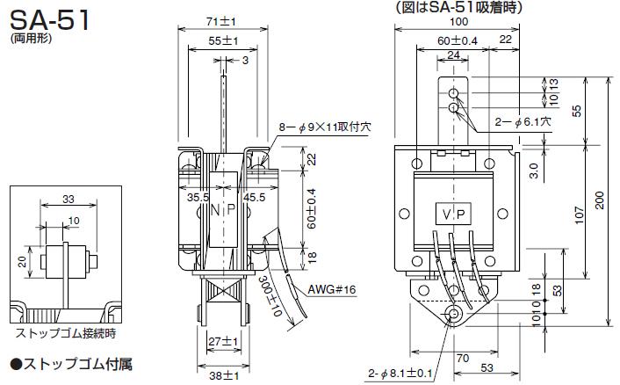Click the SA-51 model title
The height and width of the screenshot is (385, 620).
[50, 20]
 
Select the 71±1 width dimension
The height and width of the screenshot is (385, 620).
[221, 21]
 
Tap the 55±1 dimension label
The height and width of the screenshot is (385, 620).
[223, 40]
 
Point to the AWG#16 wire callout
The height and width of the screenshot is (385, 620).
[332, 289]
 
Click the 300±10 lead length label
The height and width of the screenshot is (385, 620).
[270, 296]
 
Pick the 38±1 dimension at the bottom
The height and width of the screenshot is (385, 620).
[224, 375]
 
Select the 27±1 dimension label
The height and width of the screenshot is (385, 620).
[223, 341]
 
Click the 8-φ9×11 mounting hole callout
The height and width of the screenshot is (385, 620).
[325, 127]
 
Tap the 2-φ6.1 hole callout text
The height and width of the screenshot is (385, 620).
[523, 121]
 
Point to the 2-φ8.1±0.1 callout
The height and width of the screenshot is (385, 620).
[400, 373]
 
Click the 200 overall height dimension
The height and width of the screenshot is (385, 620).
[600, 200]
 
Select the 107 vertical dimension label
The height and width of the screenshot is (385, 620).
[579, 214]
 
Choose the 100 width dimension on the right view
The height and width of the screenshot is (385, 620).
[458, 21]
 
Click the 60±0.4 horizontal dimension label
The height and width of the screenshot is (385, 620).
[458, 40]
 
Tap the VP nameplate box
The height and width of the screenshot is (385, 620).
[453, 214]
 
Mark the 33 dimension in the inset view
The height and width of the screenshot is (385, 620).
[68, 199]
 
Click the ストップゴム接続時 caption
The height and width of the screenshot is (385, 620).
[66, 333]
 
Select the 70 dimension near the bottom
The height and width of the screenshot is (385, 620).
[462, 358]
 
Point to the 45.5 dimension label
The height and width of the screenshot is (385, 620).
[255, 197]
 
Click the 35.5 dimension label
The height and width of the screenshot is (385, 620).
[198, 197]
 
